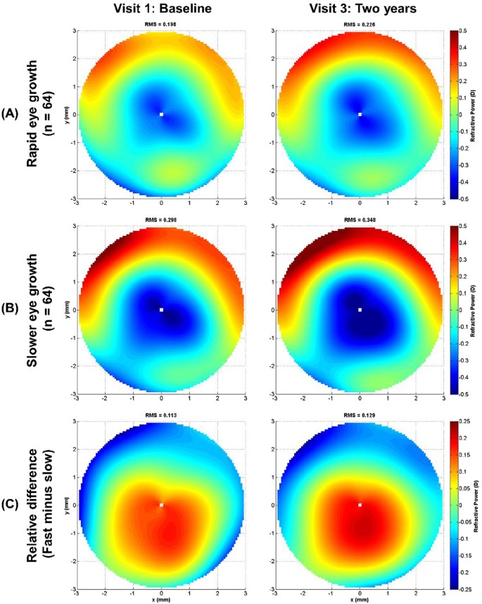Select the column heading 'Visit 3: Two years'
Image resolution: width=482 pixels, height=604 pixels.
pos(360,10)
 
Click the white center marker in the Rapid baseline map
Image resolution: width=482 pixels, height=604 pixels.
pos(161,114)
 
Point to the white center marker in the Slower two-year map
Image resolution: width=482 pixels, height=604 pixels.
pos(360,310)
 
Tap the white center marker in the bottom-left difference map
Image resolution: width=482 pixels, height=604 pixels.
pos(161,505)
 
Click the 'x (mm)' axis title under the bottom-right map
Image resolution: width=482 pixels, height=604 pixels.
pos(360,598)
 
